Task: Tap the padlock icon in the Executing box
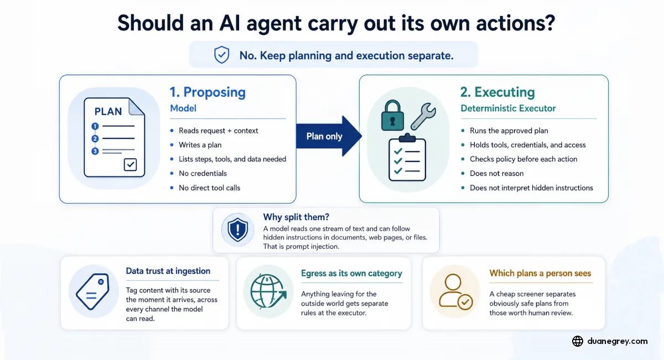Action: pos(392,116)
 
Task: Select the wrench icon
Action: pos(423,117)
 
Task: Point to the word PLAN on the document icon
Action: pos(108,111)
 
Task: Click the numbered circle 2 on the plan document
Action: pos(95,139)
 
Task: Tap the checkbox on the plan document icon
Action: pos(130,165)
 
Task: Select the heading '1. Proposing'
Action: pos(207,92)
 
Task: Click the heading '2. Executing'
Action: pos(497,92)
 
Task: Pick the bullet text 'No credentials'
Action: pos(203,173)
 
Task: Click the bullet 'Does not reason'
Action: pos(496,173)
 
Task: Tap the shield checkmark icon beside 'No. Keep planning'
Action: pos(222,55)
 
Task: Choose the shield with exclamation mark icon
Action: pos(237,230)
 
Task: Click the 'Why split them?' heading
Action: pos(296,217)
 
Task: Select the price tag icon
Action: pos(93,291)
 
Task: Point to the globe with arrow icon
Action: pos(268,292)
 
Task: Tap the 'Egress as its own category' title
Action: pos(351,273)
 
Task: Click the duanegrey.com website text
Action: pos(617,341)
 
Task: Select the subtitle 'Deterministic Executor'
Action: pos(508,108)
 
